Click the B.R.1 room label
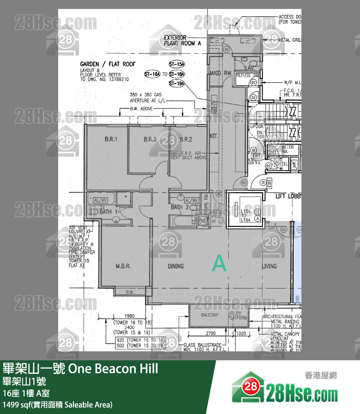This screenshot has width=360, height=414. [x=110, y=140]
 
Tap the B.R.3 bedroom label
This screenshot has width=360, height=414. [x=149, y=140]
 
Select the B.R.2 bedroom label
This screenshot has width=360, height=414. [x=186, y=140]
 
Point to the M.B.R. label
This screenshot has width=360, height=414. [x=123, y=266]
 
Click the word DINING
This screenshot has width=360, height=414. [x=176, y=266]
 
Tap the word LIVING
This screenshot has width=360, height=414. [x=269, y=266]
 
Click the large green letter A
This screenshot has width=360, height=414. [x=219, y=263]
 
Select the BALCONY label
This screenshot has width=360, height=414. [x=210, y=315]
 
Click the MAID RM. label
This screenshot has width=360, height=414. [x=221, y=73]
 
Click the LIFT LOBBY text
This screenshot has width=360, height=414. [x=287, y=196]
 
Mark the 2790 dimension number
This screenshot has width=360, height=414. [x=211, y=333]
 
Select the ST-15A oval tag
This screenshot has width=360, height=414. [x=177, y=64]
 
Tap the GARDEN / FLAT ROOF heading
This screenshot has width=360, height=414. [x=107, y=64]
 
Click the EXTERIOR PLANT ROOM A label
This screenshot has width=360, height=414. [x=182, y=41]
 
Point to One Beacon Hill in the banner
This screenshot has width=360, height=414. [x=112, y=369]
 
